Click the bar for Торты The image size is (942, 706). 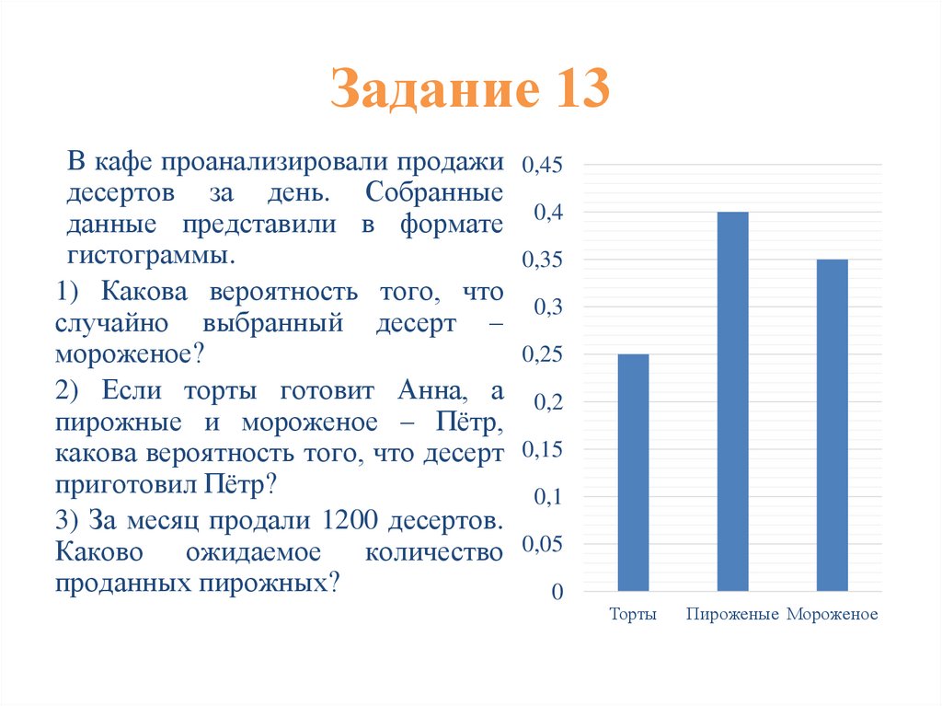(x=633, y=472)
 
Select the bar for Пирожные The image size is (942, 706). (x=733, y=401)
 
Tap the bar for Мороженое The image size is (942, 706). (x=833, y=424)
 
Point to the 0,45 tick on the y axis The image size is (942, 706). (x=542, y=166)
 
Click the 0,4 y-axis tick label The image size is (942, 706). (x=547, y=213)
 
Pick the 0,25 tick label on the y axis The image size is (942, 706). (x=542, y=354)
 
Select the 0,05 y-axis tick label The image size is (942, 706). (x=542, y=545)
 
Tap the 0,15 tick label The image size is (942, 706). (x=542, y=450)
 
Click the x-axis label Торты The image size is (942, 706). (x=633, y=615)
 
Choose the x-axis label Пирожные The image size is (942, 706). (x=733, y=615)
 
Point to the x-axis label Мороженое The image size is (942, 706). (x=833, y=615)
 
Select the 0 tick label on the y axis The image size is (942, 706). (x=557, y=592)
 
